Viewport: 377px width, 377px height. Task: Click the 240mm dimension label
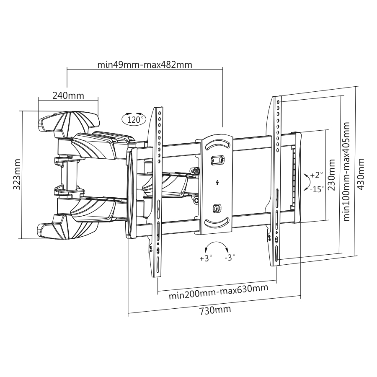point(68,95)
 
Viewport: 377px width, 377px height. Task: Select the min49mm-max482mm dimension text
point(145,65)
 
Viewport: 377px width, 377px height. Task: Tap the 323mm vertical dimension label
point(17,174)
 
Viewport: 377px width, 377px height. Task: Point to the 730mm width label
point(214,310)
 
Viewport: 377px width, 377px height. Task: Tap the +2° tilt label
point(317,174)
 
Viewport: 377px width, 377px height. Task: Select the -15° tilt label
point(317,189)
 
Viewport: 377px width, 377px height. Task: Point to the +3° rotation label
point(206,258)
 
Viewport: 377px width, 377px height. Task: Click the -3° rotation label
point(230,258)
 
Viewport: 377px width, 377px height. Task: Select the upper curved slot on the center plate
point(217,143)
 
